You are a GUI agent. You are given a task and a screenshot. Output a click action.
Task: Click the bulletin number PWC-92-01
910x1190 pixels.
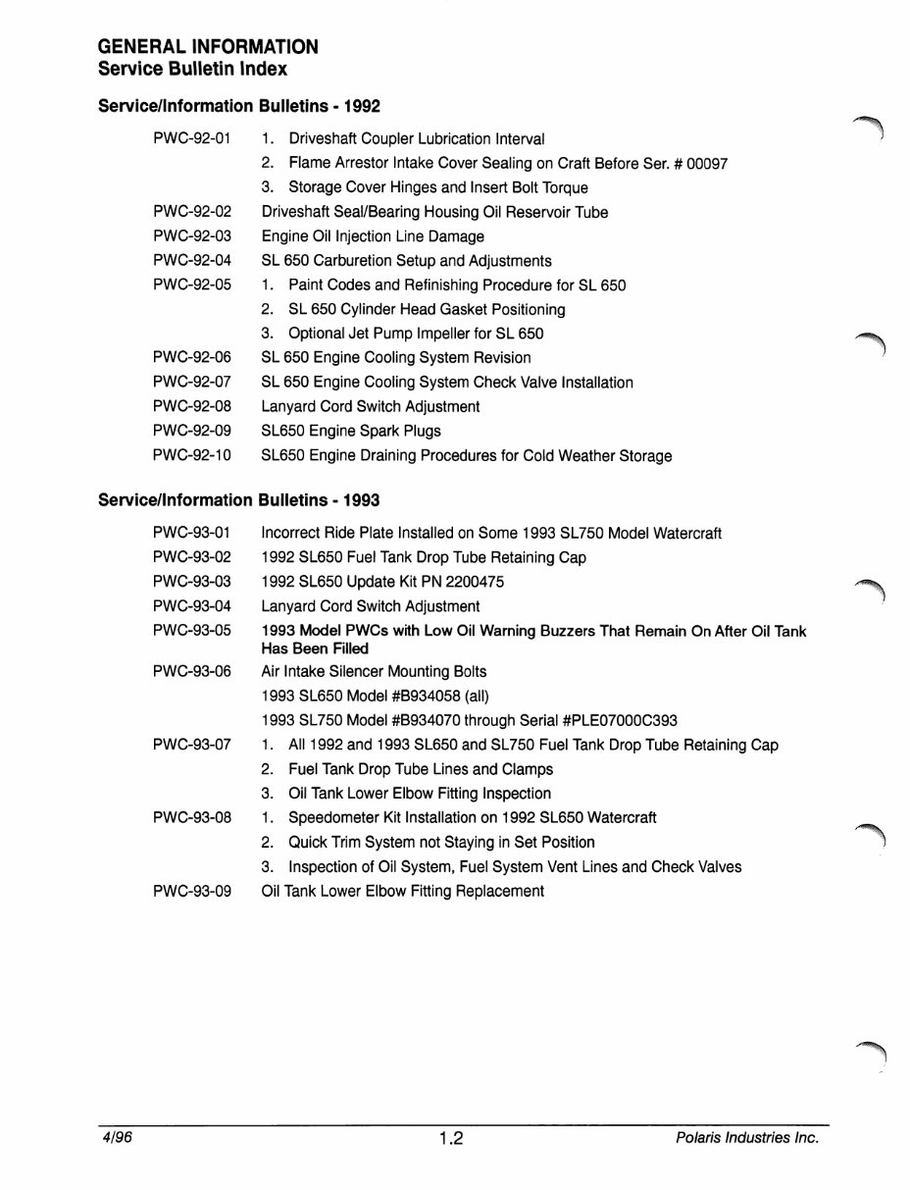[192, 139]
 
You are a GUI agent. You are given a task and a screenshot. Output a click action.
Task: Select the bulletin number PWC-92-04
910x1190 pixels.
[192, 261]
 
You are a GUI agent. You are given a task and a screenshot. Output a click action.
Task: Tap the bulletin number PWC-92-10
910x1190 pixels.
[192, 455]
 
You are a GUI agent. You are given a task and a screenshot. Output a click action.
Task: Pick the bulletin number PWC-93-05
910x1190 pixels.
[192, 631]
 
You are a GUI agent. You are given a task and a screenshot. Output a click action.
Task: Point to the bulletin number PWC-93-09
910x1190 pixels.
[192, 891]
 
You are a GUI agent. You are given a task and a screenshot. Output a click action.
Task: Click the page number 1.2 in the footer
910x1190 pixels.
[451, 1139]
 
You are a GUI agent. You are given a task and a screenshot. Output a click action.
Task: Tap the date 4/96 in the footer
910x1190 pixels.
[115, 1138]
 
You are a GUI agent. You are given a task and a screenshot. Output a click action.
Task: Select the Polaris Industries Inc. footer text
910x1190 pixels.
[747, 1138]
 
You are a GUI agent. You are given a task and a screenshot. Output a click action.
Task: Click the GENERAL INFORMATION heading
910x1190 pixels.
[208, 47]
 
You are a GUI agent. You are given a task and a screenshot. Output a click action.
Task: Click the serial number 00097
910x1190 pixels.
[706, 164]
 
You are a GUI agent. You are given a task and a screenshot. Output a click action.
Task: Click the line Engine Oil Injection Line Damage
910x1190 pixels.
[373, 236]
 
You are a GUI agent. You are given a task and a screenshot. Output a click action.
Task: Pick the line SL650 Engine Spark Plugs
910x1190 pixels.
[351, 431]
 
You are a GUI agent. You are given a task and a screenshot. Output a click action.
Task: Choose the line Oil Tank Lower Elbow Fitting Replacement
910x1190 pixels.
[402, 891]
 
